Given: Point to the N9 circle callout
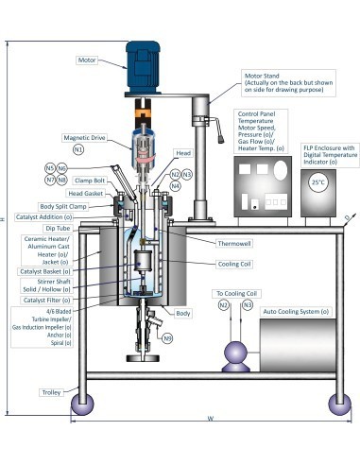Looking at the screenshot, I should click(167, 337).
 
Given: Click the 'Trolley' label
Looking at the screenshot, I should click(51, 391).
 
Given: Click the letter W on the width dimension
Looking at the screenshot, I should click(208, 420).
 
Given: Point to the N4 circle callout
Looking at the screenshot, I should click(177, 186).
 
